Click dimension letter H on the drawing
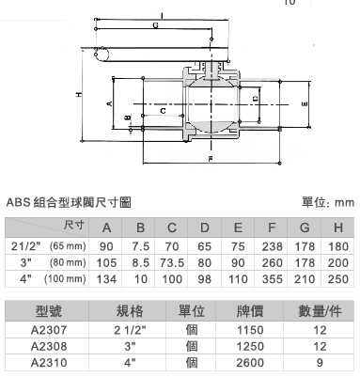pos(80,94)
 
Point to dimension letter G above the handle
pos(156,25)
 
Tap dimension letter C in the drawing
pos(163,111)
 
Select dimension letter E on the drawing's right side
pos(305,104)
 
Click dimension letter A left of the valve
pos(110,103)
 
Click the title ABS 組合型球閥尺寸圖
pos(69,203)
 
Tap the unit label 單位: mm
pos(328,202)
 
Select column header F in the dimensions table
pos(272,228)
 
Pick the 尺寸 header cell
pos(74,225)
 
